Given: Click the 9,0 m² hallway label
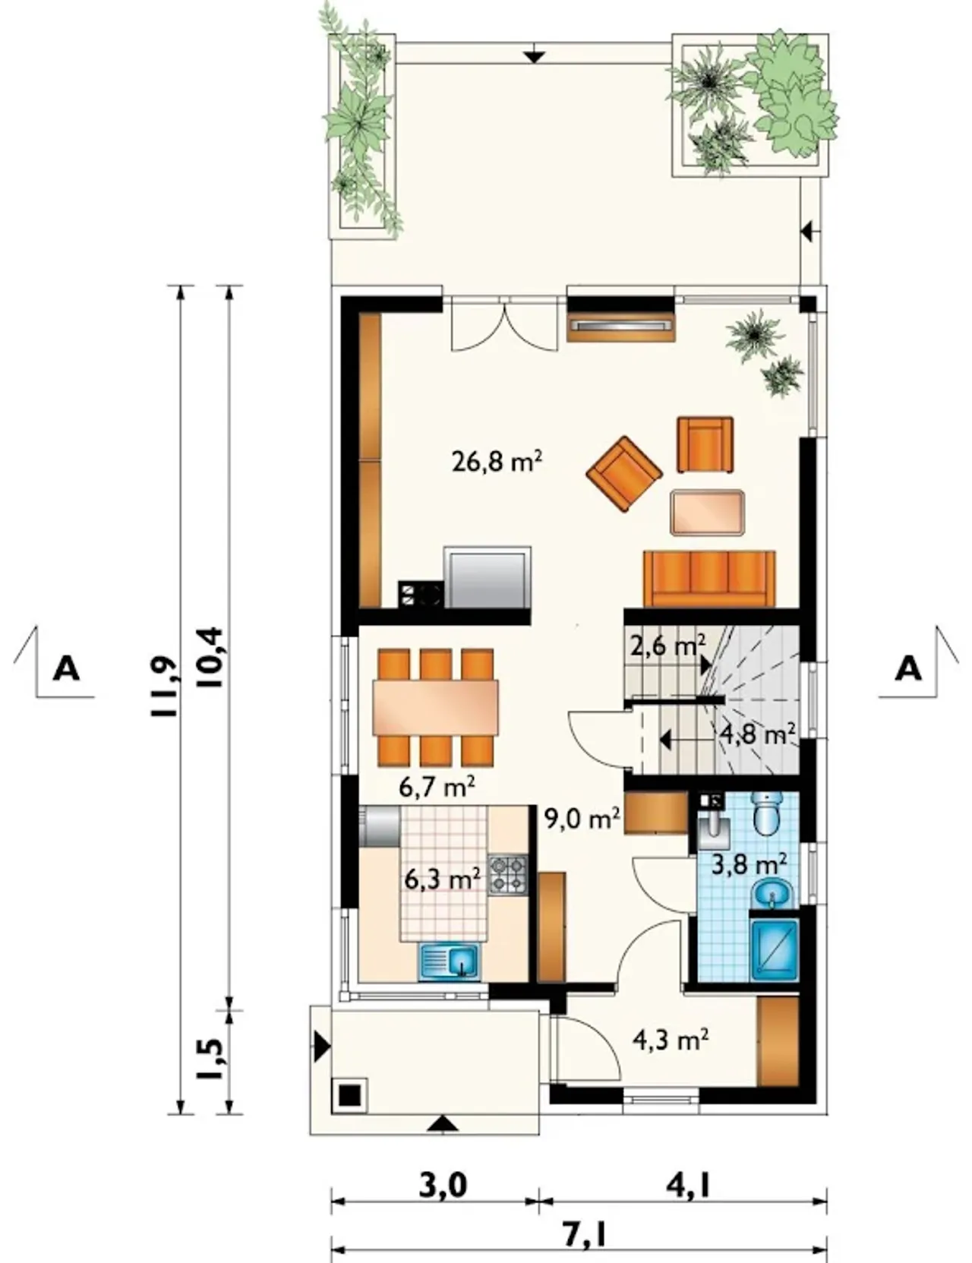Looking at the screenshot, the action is (x=582, y=819).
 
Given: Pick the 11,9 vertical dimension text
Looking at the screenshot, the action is (x=164, y=688).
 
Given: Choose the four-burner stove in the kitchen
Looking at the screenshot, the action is (x=508, y=875).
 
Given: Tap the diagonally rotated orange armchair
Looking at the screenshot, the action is (x=624, y=474).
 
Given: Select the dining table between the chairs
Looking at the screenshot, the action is (x=436, y=707).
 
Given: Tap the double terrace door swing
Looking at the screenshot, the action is (x=505, y=326).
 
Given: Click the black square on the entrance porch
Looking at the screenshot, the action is (x=349, y=1096).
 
